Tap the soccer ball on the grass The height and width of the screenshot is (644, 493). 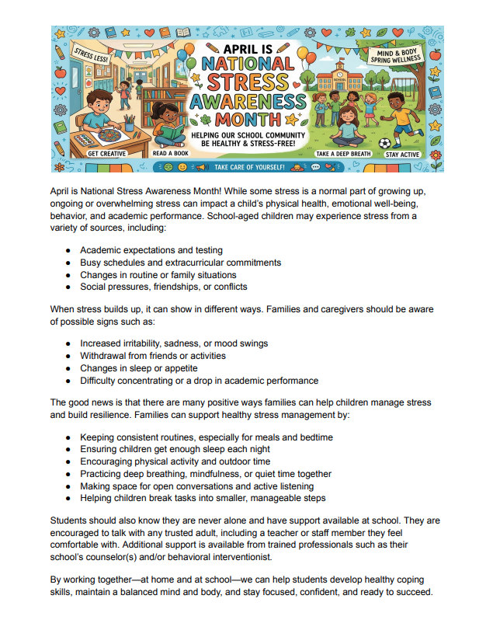click(x=384, y=144)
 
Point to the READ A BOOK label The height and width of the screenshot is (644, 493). click(x=171, y=155)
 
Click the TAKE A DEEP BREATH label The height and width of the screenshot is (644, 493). click(x=342, y=155)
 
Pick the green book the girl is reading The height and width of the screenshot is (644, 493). click(x=170, y=134)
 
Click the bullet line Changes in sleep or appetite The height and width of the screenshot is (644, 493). click(x=139, y=368)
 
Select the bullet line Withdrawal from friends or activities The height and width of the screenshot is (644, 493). click(x=153, y=356)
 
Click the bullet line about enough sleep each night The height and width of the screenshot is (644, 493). click(x=175, y=449)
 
